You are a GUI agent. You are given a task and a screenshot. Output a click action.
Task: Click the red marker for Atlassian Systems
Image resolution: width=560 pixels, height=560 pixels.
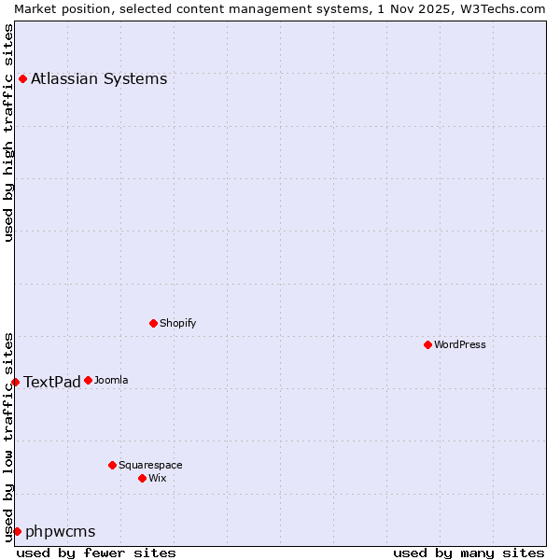click(x=22, y=78)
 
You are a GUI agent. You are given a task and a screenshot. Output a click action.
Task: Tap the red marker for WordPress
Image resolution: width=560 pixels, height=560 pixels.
click(x=427, y=344)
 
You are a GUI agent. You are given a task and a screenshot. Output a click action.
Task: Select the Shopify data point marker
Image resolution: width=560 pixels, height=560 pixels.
click(x=153, y=323)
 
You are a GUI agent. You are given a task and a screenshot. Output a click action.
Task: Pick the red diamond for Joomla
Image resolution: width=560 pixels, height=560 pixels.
click(x=88, y=380)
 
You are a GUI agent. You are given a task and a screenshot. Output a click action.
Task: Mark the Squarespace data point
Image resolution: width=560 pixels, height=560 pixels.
click(x=112, y=465)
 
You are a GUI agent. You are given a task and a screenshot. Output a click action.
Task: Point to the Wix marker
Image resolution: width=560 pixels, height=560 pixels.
click(x=142, y=478)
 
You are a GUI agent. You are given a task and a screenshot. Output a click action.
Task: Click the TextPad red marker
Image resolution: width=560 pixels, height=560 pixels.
click(x=15, y=382)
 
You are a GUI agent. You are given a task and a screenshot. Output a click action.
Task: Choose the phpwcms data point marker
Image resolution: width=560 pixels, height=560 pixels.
click(x=17, y=531)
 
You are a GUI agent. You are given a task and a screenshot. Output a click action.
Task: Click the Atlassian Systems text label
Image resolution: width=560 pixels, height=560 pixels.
click(x=99, y=78)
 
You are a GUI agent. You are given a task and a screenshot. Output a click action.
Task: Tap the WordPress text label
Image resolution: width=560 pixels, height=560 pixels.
click(x=460, y=344)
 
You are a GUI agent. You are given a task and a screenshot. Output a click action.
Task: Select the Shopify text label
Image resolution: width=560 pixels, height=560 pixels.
click(x=177, y=323)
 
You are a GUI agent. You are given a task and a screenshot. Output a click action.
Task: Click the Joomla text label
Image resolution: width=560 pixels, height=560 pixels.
click(x=111, y=380)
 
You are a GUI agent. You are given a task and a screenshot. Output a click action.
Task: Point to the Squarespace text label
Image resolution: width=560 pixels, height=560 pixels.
click(x=150, y=465)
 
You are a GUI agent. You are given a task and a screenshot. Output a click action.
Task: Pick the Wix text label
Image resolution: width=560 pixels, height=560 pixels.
click(x=158, y=478)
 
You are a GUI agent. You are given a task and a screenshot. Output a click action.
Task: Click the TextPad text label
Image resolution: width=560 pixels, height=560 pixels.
click(x=52, y=382)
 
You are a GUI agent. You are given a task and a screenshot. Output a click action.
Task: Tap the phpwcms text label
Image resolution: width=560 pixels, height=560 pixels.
click(x=61, y=531)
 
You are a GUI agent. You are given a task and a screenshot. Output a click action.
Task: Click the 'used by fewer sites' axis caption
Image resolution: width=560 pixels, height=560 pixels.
click(x=96, y=553)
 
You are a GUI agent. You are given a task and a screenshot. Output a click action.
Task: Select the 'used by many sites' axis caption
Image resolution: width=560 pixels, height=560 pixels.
click(x=469, y=553)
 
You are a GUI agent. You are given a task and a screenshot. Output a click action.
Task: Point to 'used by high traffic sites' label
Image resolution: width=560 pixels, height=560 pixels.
click(x=8, y=133)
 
